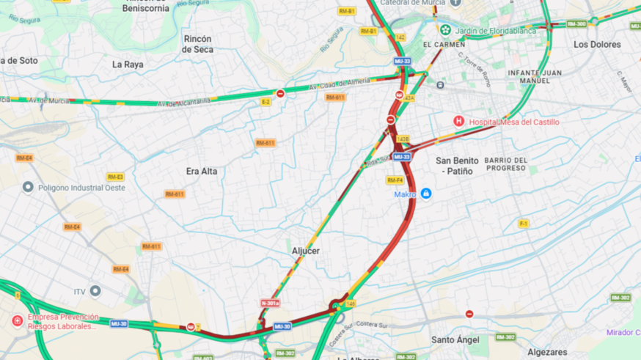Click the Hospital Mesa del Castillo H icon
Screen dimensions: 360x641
tap(458, 121)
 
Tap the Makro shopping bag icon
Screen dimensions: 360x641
tap(426, 194)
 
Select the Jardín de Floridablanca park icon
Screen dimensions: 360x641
tap(445, 30)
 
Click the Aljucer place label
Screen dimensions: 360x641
tap(306, 251)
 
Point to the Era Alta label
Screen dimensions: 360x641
tap(202, 171)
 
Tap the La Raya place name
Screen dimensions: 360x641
tap(128, 65)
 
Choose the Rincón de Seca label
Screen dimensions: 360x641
tap(198, 44)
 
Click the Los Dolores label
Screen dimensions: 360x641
tap(597, 45)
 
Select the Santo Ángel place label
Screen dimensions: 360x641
tap(455, 339)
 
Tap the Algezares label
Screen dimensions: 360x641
tap(547, 352)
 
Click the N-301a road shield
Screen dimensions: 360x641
tap(270, 303)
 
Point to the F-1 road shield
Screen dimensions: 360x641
tap(524, 223)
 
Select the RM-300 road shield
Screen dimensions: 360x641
tap(576, 23)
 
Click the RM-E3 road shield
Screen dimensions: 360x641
tap(115, 177)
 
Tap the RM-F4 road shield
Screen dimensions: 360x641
tap(395, 180)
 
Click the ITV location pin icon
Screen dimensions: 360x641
tap(95, 291)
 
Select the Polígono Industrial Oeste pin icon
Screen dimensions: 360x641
tap(28, 188)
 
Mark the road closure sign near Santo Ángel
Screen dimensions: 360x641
tap(469, 314)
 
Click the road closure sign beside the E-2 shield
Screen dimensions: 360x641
tap(280, 94)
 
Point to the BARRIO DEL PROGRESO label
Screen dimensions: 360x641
tap(505, 164)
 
